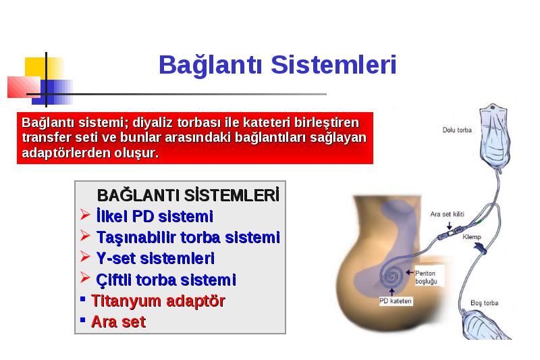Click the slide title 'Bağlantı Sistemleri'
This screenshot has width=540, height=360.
[x=277, y=65]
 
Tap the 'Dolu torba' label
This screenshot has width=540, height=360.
[x=457, y=130]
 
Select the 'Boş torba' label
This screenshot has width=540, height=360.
[x=484, y=303]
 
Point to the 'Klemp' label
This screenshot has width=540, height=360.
[x=471, y=236]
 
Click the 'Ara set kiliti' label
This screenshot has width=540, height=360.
[x=447, y=214]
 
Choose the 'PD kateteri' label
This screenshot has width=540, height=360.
[x=396, y=301]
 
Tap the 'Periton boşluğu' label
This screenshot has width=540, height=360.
[x=426, y=277]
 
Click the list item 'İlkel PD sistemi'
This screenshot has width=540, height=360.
[x=155, y=216]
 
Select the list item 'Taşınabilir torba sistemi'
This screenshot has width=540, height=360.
[x=188, y=237]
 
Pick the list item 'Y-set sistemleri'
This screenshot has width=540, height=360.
[x=155, y=258]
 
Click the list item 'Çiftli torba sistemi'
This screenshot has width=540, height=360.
[x=166, y=280]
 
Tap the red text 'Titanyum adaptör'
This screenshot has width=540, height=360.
[x=158, y=301]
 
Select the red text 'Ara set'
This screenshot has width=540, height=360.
[x=118, y=322]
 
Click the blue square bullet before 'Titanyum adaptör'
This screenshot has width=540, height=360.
[x=82, y=299]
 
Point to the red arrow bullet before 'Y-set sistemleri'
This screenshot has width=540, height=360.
[x=85, y=256]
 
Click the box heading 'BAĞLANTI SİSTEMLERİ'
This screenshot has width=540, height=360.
[x=188, y=195]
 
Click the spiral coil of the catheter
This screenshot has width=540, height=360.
[x=391, y=276]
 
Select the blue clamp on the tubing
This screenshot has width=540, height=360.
[x=480, y=248]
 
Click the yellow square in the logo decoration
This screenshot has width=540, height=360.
[x=36, y=67]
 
